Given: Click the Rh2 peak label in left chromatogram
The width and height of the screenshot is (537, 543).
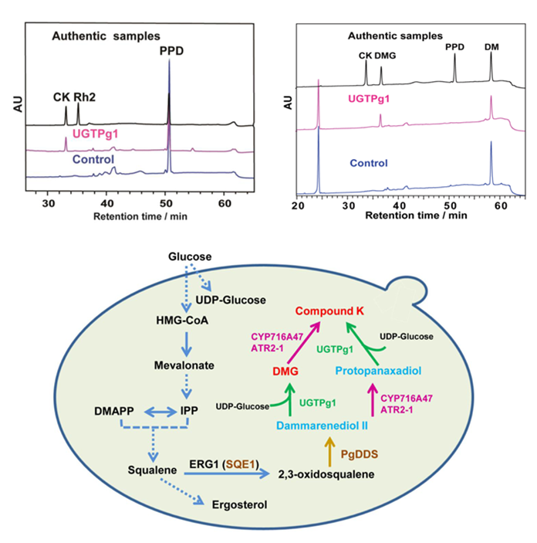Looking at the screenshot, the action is coord(85,97).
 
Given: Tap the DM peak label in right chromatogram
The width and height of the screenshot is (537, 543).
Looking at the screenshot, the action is coord(491,47).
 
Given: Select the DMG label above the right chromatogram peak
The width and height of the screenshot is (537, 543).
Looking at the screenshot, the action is coord(385,56).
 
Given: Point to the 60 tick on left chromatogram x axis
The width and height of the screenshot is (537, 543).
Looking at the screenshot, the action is coord(225,203).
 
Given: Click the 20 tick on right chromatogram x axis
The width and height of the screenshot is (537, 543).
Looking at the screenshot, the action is coord(298,205).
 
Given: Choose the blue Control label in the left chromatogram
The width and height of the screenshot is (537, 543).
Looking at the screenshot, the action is coord(93,159).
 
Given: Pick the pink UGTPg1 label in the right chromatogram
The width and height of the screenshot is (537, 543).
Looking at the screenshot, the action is coord(369,99).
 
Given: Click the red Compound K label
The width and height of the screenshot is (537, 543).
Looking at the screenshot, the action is coord(329,311).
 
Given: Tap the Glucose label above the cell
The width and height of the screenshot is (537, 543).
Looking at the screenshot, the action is coord(190,256).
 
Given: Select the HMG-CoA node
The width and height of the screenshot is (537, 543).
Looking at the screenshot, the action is coord(182,321).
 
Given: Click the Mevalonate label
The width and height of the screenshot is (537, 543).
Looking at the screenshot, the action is coord(184,365).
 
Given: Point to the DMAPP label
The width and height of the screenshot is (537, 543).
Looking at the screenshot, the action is coord(114,411).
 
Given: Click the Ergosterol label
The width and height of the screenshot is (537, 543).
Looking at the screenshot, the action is coord(239,504).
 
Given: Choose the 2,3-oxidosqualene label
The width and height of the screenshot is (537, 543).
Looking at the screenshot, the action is coord(326,474).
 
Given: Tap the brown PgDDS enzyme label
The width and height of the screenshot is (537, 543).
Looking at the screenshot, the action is coord(359,454).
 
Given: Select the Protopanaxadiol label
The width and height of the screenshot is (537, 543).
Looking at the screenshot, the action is coord(378,371).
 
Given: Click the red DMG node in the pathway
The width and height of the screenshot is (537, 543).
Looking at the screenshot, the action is coord(285,372).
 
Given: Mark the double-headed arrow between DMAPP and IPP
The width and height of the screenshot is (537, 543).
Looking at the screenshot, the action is coord(160,412).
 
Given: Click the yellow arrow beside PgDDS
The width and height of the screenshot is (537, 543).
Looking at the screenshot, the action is coord(330,452).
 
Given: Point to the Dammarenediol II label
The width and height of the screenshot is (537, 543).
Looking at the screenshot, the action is coord(322,426).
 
